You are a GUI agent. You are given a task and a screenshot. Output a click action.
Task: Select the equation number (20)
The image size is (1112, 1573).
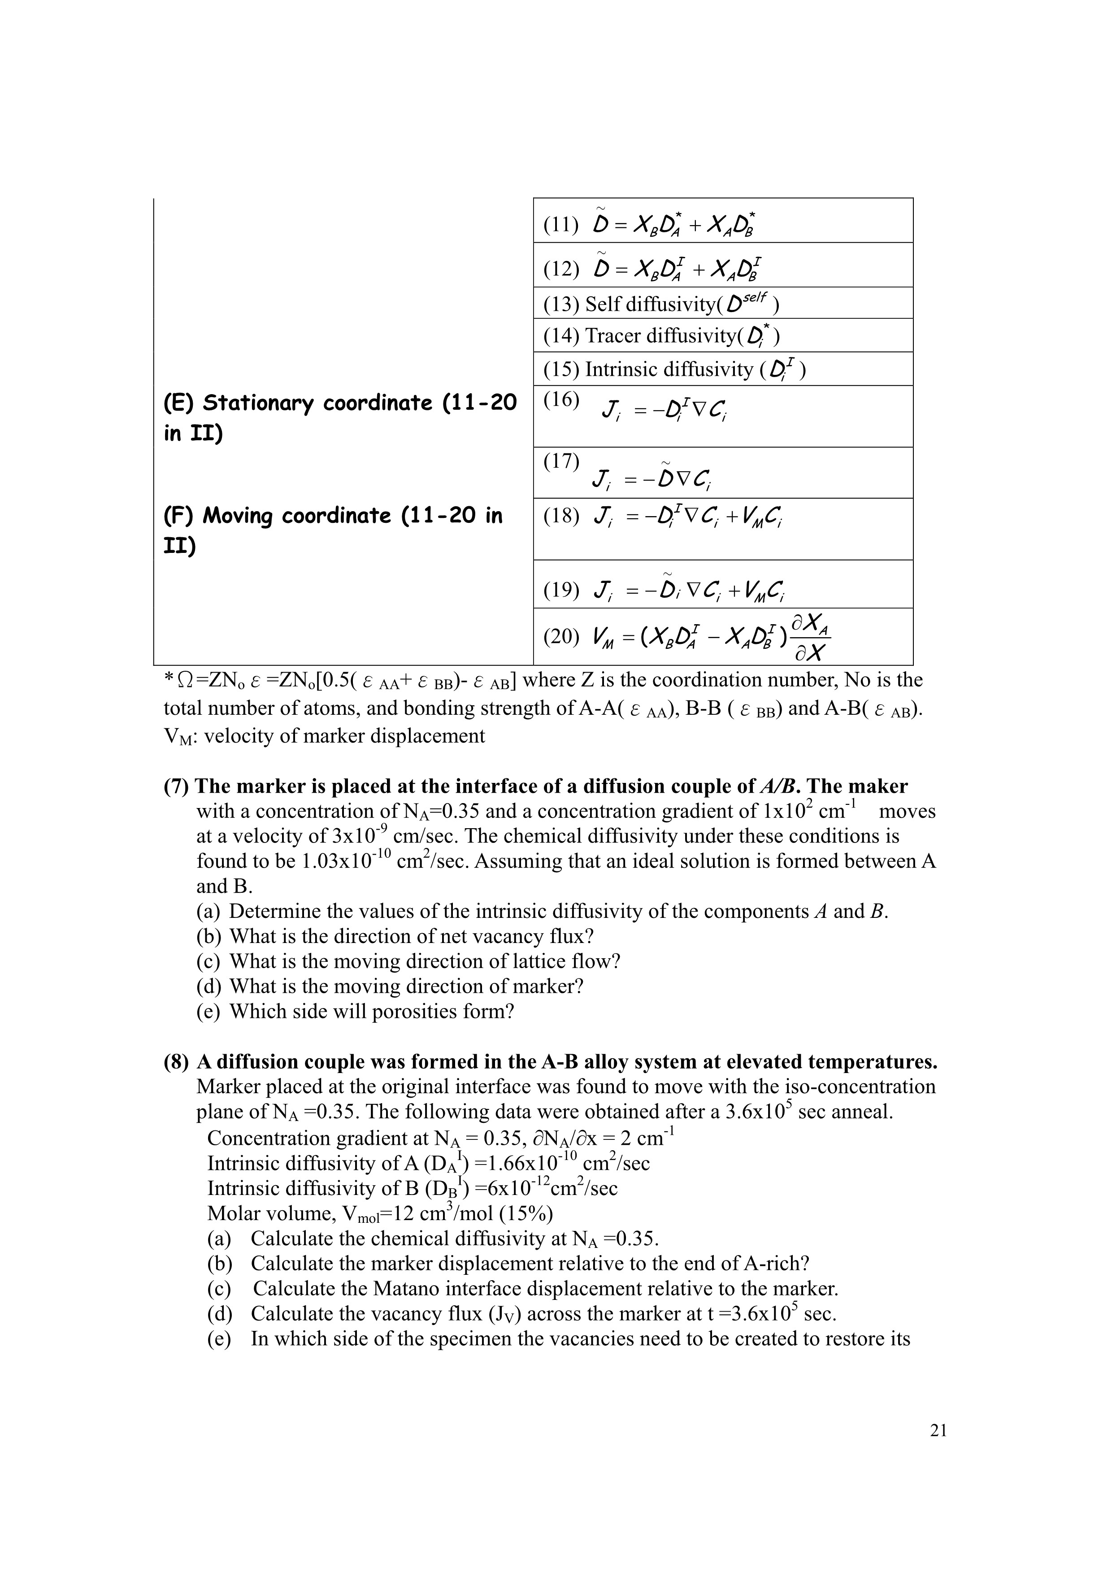coord(560,636)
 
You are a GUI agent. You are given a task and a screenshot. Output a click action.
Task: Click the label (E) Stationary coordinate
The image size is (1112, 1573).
coord(339,403)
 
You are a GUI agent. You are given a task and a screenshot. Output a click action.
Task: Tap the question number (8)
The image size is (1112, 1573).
coord(176,1062)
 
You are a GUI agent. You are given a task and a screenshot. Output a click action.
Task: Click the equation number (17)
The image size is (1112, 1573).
coord(560,461)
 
